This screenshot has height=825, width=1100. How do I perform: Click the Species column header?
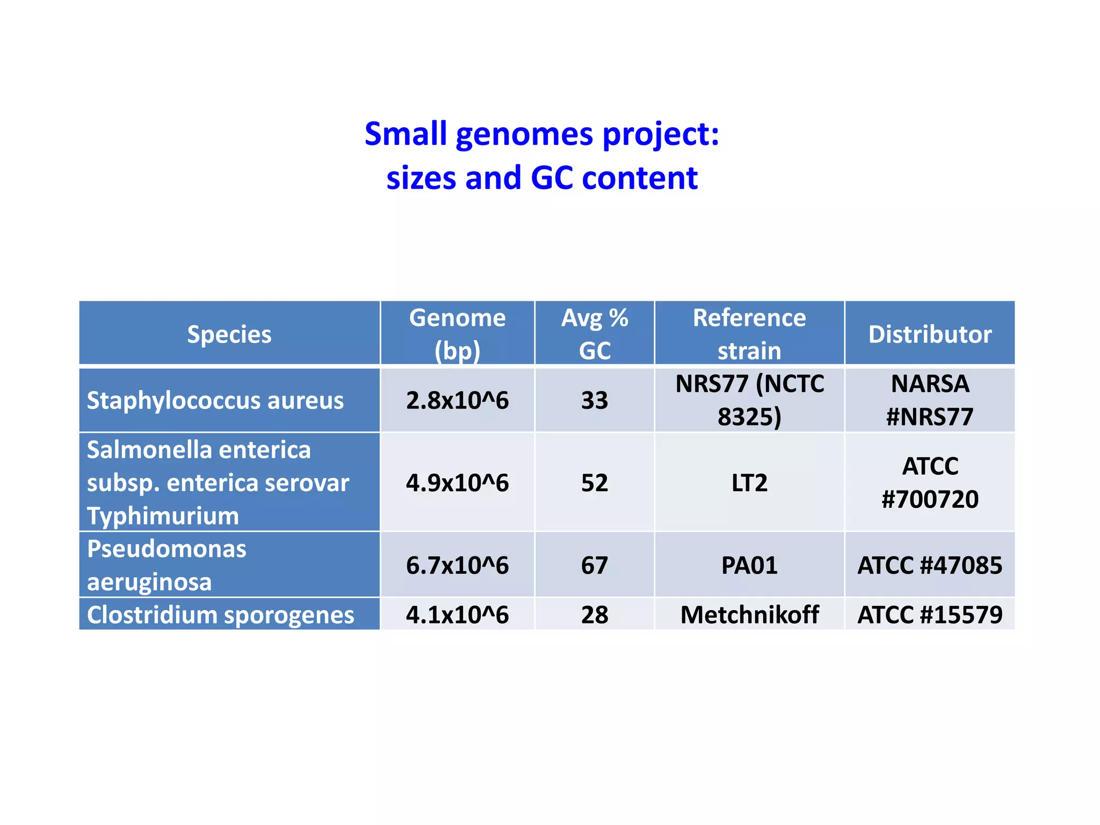(229, 334)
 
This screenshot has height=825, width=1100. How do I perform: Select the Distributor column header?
(930, 334)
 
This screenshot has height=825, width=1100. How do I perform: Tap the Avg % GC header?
(595, 334)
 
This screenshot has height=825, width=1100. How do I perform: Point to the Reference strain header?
(749, 334)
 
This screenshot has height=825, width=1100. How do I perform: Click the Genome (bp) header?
(457, 334)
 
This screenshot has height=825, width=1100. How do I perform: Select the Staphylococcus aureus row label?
(215, 401)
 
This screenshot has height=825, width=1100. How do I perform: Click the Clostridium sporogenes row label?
(220, 614)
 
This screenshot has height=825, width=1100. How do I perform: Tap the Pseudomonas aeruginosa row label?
(167, 565)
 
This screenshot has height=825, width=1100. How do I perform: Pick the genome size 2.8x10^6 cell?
(457, 401)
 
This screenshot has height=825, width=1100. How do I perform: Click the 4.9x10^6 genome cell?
(457, 483)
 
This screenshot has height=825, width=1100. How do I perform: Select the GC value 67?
(595, 566)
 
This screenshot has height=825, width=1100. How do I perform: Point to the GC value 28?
(595, 614)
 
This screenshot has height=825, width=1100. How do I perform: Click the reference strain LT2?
(749, 483)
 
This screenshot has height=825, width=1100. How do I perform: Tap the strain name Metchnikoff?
(749, 614)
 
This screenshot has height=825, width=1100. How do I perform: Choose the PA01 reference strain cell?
(749, 566)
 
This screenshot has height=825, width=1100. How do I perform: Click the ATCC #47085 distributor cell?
(930, 566)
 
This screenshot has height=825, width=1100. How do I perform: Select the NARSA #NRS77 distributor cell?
(930, 401)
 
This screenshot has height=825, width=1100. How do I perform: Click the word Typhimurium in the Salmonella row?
(163, 516)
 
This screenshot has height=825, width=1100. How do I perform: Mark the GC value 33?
(595, 401)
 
